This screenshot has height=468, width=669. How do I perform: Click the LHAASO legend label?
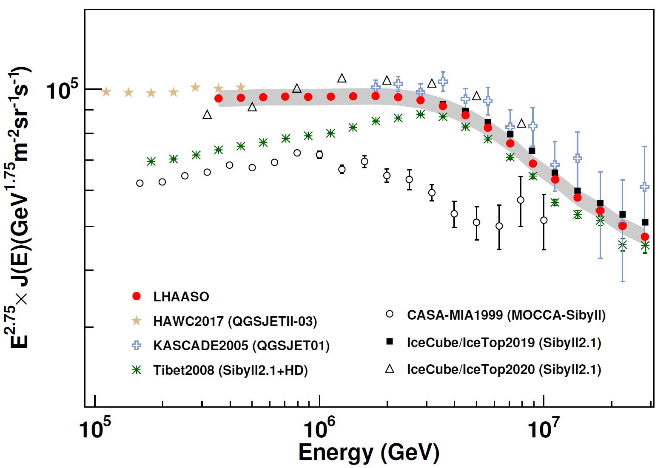[x=181, y=297]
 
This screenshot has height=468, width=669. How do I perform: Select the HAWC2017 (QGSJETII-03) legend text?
[x=235, y=321]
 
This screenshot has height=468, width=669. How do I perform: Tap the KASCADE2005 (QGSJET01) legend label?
[x=242, y=346]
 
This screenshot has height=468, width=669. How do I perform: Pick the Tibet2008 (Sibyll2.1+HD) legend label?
[x=231, y=370]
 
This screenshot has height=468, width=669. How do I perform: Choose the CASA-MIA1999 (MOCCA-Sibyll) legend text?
[x=506, y=315]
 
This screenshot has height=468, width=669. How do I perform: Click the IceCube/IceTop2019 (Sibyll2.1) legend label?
[x=504, y=343]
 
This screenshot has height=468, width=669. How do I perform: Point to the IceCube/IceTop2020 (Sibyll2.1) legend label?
[x=504, y=369]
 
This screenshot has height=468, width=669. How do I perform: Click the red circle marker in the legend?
[x=137, y=296]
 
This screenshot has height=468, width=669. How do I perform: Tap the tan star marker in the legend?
[x=137, y=321]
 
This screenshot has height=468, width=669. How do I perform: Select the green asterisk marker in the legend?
[x=137, y=370]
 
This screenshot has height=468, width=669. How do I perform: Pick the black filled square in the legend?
[x=389, y=342]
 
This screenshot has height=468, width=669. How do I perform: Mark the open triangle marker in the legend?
[x=389, y=369]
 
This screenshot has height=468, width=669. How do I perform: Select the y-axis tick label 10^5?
[x=62, y=90]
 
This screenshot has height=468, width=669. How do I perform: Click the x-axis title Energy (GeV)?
[x=369, y=452]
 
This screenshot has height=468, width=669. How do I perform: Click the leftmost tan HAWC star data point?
[x=106, y=92]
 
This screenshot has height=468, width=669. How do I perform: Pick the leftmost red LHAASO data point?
[x=219, y=99]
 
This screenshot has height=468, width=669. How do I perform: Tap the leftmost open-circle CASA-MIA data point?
[x=140, y=183]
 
